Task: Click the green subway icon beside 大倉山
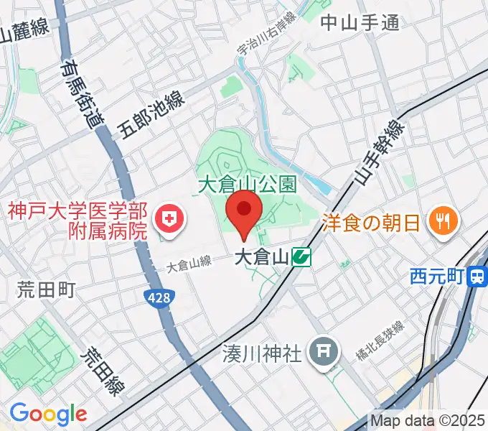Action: click(x=301, y=256)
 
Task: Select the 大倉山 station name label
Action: click(x=261, y=256)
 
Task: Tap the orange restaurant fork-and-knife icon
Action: click(x=441, y=221)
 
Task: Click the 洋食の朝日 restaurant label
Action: click(x=371, y=221)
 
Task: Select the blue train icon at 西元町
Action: click(x=475, y=276)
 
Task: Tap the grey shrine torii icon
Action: click(x=320, y=351)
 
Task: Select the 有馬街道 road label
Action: click(x=81, y=93)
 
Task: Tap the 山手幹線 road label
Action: click(x=377, y=153)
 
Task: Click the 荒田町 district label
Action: click(x=47, y=290)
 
